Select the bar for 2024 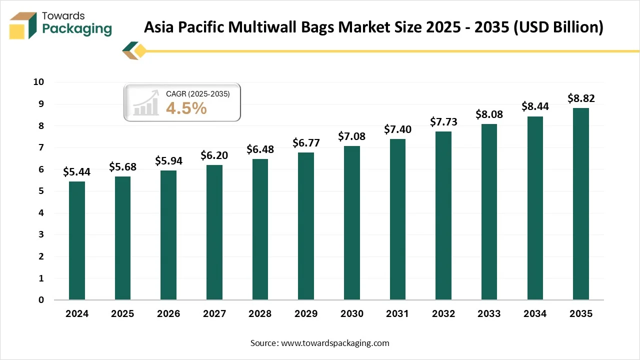[x=76, y=240]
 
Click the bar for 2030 [x=351, y=223]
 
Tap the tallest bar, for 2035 [x=580, y=204]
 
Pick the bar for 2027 [x=214, y=232]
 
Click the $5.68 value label [x=122, y=167]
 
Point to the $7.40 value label [x=397, y=129]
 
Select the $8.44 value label [x=535, y=106]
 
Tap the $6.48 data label [x=260, y=149]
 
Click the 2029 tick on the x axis [x=306, y=314]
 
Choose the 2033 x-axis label [x=489, y=314]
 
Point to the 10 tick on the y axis [x=38, y=82]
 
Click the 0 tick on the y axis [x=41, y=300]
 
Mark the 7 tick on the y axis [x=41, y=147]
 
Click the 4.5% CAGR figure [x=186, y=107]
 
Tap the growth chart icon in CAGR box [x=146, y=103]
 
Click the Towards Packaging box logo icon [x=23, y=25]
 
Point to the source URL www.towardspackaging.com [x=335, y=343]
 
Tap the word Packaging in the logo [x=77, y=29]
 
